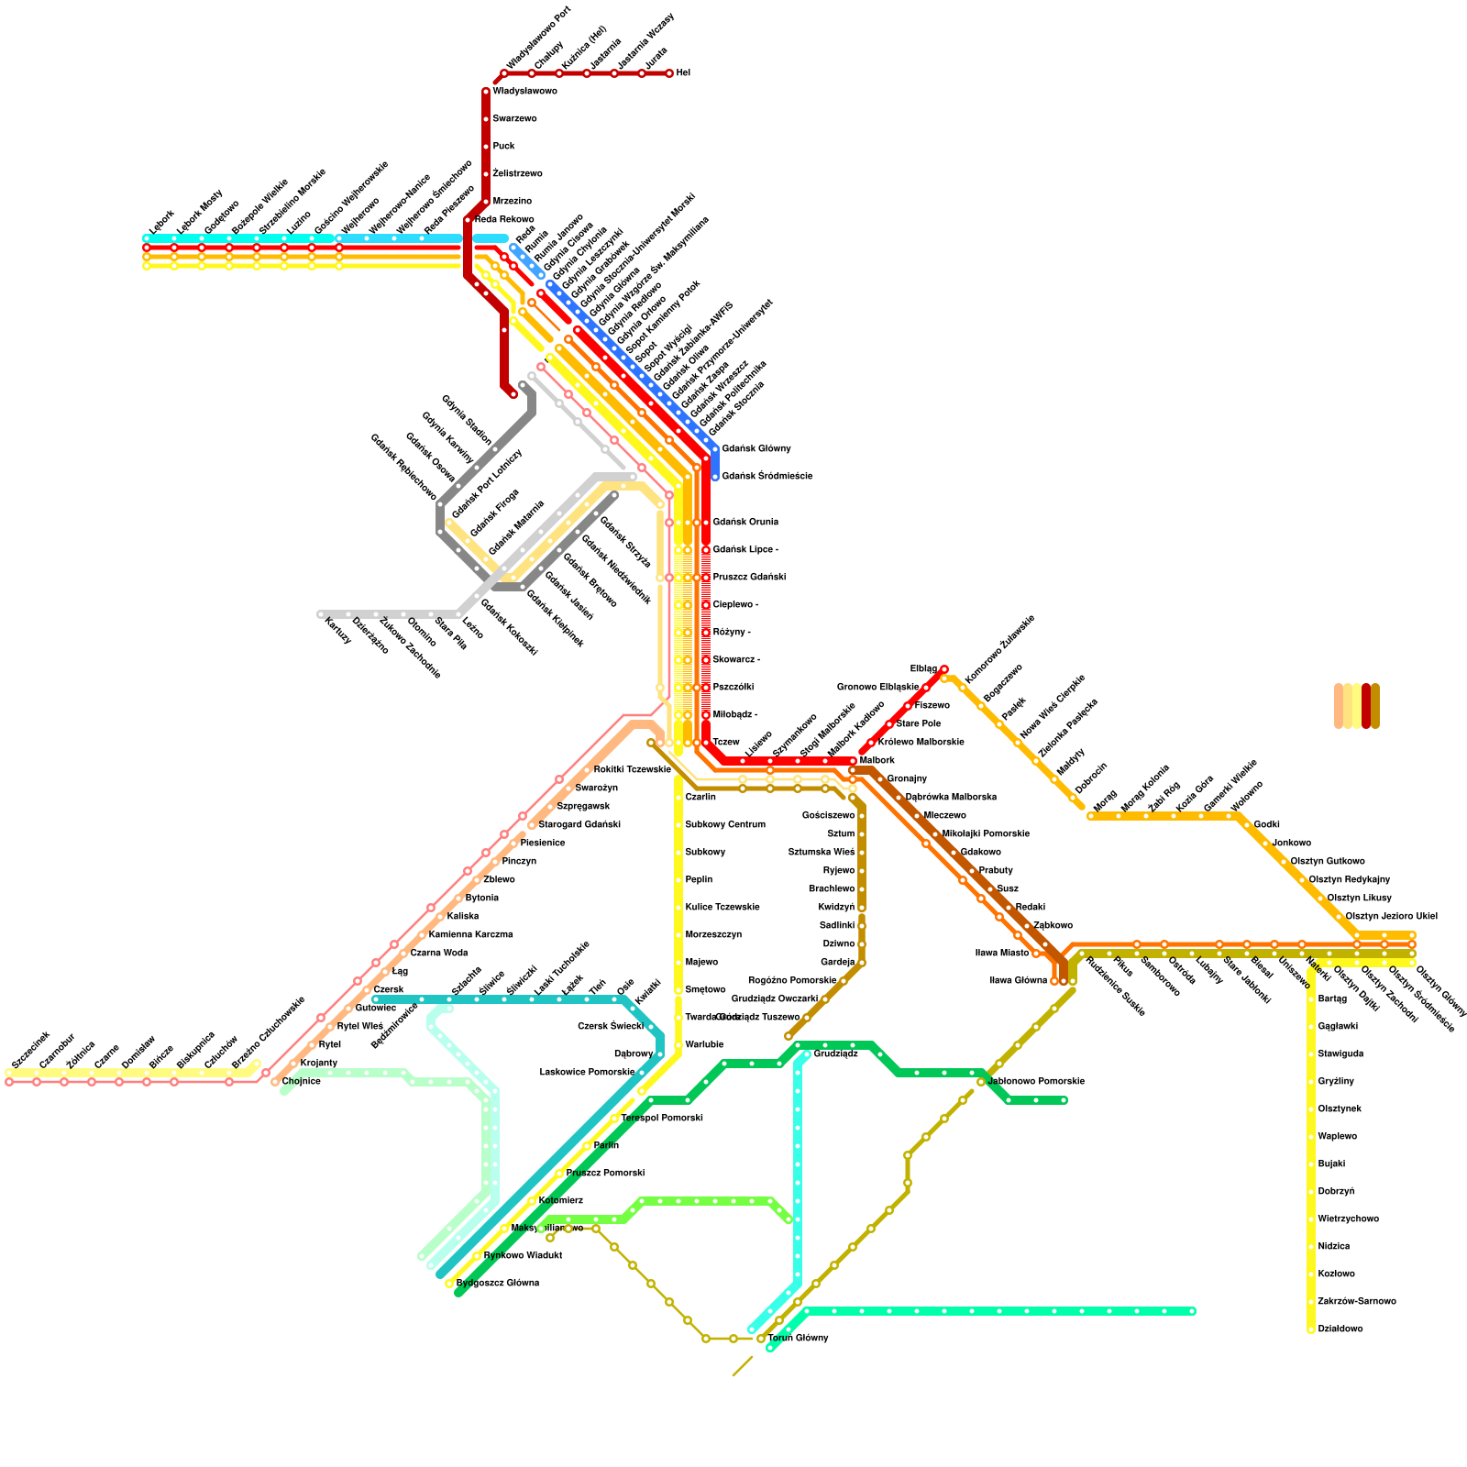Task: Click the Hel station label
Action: tap(683, 73)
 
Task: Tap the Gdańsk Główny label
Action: tap(756, 449)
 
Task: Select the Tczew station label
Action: tap(725, 743)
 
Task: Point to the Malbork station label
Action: tap(877, 761)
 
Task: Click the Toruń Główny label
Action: tap(798, 1339)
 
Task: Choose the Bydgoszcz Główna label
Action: tap(497, 1284)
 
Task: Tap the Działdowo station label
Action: tap(1340, 1329)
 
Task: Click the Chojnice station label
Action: tap(301, 1082)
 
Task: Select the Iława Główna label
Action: tap(1018, 981)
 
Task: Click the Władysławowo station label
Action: tap(524, 92)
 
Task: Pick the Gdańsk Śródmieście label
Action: tap(767, 477)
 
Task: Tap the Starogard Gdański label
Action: tap(579, 825)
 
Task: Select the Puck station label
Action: tap(503, 147)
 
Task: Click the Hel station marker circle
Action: tap(669, 73)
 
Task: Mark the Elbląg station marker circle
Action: tap(944, 669)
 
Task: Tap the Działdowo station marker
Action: tap(1311, 1329)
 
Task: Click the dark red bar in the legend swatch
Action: tap(1366, 706)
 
